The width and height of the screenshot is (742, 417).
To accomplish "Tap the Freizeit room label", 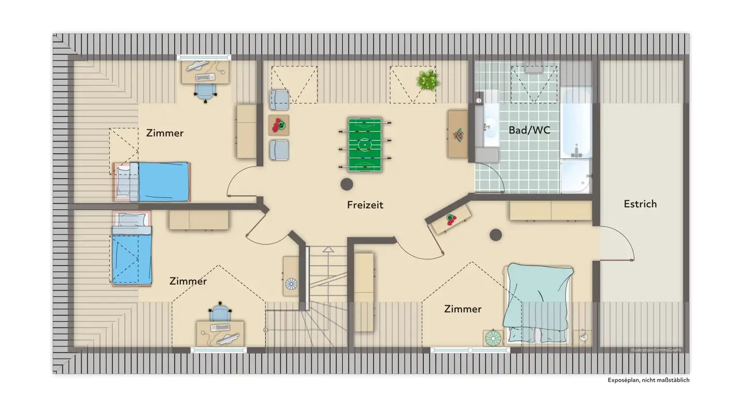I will [365, 205].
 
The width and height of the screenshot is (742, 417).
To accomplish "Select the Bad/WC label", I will [529, 130].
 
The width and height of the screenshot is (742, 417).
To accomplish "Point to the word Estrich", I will [640, 204].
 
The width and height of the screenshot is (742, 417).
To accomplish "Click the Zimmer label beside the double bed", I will [463, 309].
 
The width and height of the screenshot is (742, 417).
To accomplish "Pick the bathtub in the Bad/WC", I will [576, 124].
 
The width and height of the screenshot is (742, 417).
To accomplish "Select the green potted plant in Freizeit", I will [428, 81].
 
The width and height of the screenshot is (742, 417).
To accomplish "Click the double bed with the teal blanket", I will [538, 304].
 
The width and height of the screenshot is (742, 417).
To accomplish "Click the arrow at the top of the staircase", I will [328, 250].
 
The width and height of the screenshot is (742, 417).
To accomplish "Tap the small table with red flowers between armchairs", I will [279, 125].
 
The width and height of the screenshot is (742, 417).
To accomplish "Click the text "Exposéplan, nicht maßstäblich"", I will [648, 380].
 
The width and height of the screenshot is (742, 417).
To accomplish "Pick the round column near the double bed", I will [496, 235].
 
